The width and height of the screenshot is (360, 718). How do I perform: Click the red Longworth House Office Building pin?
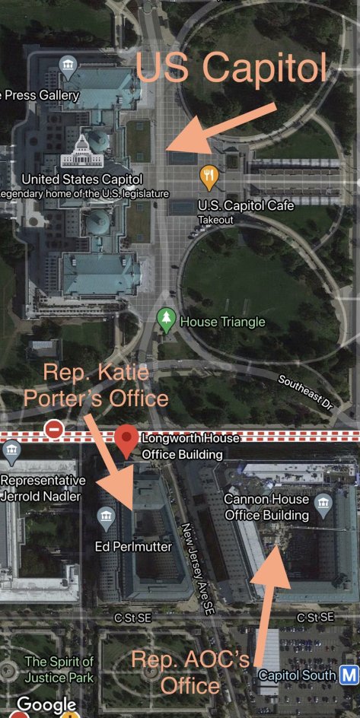click(127, 439)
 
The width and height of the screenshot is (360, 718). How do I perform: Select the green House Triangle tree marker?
click(165, 319)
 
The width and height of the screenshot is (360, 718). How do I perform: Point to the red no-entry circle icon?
click(54, 430)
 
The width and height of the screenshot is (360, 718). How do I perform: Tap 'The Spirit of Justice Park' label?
click(59, 669)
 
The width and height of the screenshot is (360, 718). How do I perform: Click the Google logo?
click(46, 706)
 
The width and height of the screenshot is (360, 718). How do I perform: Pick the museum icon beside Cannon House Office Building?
click(323, 503)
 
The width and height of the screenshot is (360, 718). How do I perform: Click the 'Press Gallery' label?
click(42, 95)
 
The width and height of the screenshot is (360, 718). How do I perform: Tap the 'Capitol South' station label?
click(297, 675)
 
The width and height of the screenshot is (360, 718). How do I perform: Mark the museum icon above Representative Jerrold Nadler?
click(11, 453)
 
